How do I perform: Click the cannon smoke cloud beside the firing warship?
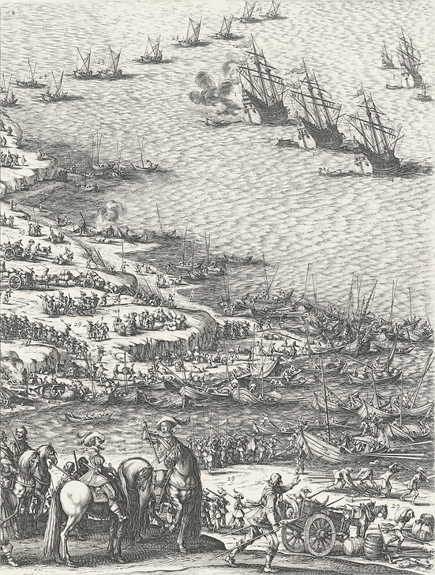coord(212,93)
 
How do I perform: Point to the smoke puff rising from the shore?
coord(111,211)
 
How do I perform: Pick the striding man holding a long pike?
coord(268,513)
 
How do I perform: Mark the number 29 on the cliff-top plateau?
coord(78,325)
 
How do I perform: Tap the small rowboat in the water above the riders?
coord(88,416)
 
